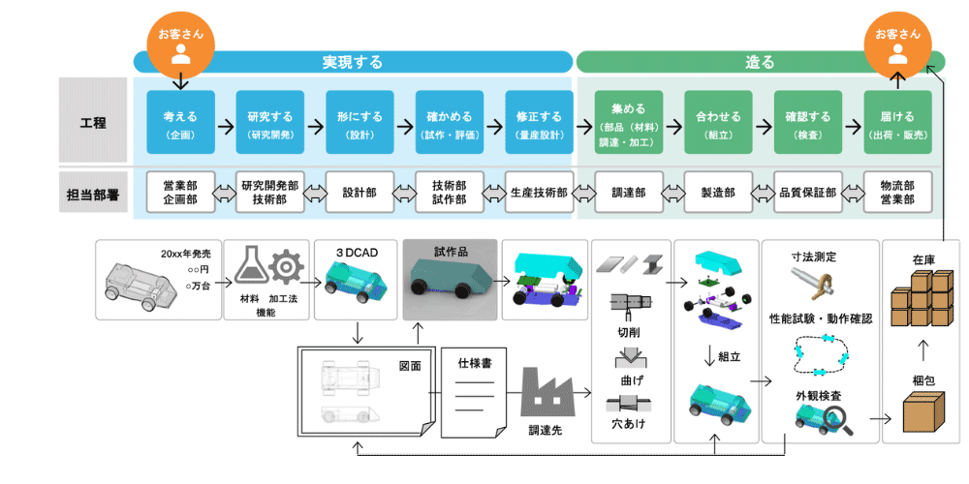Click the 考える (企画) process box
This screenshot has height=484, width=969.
coord(180,122)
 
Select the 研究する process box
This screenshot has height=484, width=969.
coord(269,122)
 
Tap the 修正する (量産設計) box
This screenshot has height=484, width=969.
coord(539,122)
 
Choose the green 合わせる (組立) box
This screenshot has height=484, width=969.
coord(718,122)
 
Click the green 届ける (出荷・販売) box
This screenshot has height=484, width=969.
coord(897,122)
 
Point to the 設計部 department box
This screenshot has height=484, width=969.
coord(359,193)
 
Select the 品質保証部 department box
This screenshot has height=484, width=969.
coord(807,193)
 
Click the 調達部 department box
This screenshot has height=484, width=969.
coord(628,193)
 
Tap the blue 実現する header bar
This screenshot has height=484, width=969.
coord(353,62)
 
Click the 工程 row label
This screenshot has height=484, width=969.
coord(93,122)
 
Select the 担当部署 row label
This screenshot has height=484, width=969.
coord(93,193)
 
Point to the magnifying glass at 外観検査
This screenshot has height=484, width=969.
coord(838,418)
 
